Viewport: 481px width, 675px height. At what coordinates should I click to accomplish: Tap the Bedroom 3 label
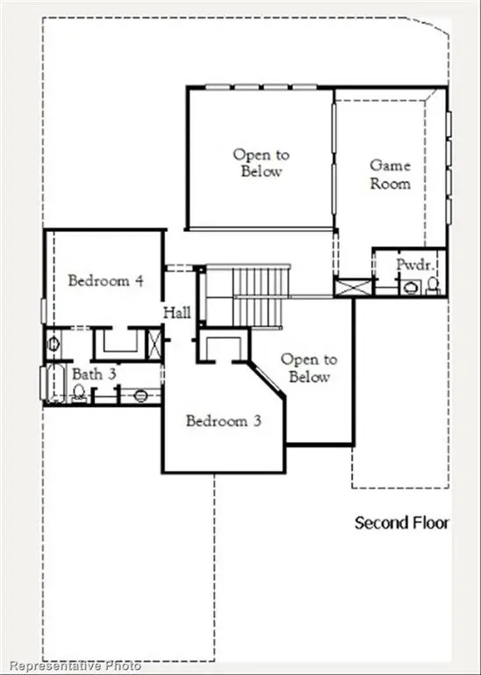(224, 420)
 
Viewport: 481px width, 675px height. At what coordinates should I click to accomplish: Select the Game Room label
(390, 174)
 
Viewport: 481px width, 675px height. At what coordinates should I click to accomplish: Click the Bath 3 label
(94, 374)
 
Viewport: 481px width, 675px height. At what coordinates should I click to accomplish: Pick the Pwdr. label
(413, 264)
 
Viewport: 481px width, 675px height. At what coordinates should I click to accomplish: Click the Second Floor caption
(401, 523)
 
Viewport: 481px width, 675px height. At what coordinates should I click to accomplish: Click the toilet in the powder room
(432, 285)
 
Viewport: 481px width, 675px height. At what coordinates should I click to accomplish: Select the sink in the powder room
(408, 286)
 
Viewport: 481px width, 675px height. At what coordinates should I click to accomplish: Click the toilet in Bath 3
(79, 395)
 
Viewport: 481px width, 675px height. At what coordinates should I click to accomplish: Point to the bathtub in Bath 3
(49, 384)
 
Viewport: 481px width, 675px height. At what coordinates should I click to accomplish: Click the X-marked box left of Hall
(154, 342)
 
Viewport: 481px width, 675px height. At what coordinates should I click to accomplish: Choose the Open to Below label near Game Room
(261, 163)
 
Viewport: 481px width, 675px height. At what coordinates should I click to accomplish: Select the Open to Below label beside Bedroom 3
(308, 368)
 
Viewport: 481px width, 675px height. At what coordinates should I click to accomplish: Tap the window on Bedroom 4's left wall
(44, 312)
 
